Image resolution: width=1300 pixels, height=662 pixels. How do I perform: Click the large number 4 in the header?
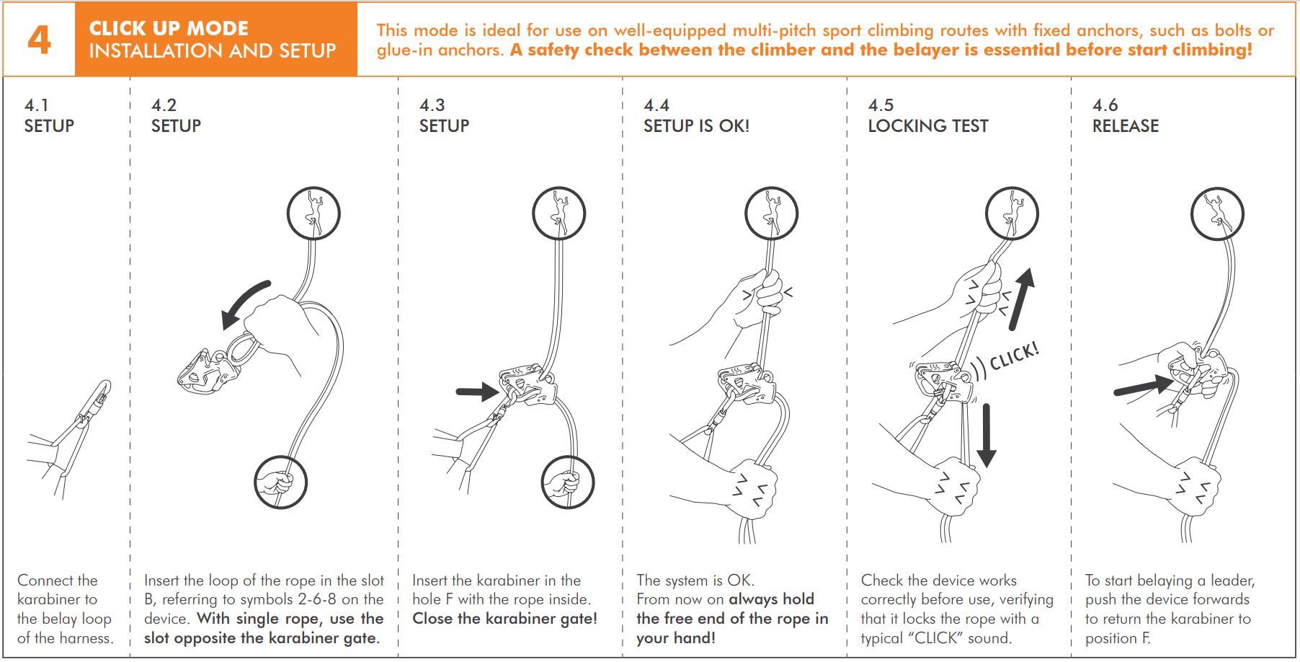39,40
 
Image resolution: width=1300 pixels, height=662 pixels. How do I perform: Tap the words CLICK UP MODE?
169,28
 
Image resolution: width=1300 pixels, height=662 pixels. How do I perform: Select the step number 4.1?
37,105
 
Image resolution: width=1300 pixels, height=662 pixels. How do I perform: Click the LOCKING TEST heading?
927,126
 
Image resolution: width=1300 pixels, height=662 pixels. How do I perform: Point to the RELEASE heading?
1125,126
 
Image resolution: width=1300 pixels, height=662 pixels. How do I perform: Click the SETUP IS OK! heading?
696,126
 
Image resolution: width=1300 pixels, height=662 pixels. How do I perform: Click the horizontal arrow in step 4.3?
477,392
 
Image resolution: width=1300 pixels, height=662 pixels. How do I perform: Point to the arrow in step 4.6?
1143,387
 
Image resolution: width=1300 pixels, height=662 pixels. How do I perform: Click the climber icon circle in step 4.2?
313,213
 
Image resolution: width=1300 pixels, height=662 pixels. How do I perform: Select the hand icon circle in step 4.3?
568,482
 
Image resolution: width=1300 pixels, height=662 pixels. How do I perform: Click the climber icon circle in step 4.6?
1218,213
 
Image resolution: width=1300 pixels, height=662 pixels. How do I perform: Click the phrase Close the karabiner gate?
504,619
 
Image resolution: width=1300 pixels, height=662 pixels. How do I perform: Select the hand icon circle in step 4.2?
281,482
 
